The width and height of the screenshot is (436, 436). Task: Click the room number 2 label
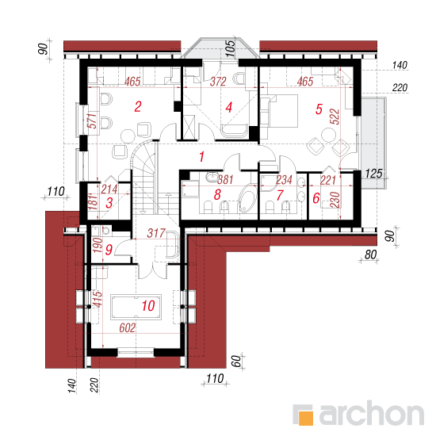click(x=138, y=107)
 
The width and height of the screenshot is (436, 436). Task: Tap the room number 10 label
click(x=148, y=306)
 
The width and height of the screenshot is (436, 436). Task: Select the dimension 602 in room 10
click(x=128, y=328)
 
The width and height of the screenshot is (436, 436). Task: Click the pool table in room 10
click(x=136, y=307)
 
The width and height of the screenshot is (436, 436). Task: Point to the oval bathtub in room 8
click(x=248, y=199)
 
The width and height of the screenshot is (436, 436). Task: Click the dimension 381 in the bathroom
click(x=225, y=180)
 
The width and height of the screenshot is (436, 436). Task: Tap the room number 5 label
click(x=319, y=109)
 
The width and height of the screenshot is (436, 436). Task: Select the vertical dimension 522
click(x=335, y=117)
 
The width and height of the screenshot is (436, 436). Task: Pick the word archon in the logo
click(x=372, y=413)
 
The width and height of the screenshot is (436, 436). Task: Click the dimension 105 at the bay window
click(x=230, y=48)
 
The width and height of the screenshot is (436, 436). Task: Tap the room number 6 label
click(x=316, y=198)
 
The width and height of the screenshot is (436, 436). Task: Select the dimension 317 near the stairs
click(x=156, y=233)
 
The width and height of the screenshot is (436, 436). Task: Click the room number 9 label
click(x=109, y=250)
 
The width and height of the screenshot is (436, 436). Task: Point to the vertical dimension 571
click(x=92, y=121)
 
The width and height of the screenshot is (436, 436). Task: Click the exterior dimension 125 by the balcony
click(x=373, y=174)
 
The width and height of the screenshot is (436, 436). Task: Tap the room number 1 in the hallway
click(x=201, y=156)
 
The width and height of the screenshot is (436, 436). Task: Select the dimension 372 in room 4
click(x=218, y=82)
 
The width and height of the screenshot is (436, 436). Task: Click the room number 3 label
click(x=109, y=203)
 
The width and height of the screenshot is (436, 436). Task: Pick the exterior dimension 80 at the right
click(x=370, y=254)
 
